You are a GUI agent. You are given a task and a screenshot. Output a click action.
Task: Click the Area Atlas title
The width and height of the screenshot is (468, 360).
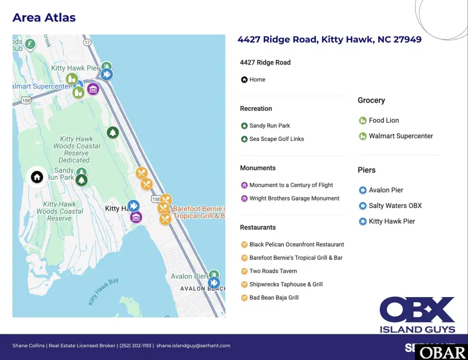pyautogui.click(x=44, y=18)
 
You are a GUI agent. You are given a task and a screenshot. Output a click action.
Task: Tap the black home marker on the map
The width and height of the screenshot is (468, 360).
pyautogui.click(x=37, y=177)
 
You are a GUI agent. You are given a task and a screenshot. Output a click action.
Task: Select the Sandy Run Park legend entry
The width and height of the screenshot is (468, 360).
pyautogui.click(x=269, y=126)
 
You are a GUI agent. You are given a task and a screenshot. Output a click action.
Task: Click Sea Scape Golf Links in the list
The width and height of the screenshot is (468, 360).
pyautogui.click(x=276, y=139)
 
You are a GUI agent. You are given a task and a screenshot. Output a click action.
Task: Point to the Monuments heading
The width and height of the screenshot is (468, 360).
pyautogui.click(x=257, y=168)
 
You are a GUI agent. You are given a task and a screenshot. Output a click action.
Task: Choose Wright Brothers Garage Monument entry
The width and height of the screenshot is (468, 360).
pyautogui.click(x=294, y=199)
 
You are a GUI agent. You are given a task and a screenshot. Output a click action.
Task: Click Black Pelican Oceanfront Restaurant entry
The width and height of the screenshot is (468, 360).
pyautogui.click(x=296, y=245)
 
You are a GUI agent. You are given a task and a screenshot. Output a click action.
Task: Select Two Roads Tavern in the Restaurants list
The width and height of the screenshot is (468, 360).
pyautogui.click(x=273, y=271)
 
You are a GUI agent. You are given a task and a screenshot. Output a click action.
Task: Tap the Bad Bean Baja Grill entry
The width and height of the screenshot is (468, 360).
pyautogui.click(x=274, y=298)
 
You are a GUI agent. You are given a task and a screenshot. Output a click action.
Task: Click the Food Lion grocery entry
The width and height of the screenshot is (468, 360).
pyautogui.click(x=384, y=121)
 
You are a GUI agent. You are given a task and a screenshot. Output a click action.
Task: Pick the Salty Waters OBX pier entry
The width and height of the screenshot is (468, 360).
pyautogui.click(x=395, y=206)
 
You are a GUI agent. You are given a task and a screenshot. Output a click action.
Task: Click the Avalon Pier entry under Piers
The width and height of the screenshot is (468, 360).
pyautogui.click(x=386, y=190)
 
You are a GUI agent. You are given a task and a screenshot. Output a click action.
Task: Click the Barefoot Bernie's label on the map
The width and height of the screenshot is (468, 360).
pyautogui.click(x=199, y=212)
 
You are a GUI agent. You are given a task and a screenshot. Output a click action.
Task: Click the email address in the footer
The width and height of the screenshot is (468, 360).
pyautogui.click(x=193, y=345)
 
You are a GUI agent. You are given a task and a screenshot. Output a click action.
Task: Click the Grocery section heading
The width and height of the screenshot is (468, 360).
pyautogui.click(x=371, y=100)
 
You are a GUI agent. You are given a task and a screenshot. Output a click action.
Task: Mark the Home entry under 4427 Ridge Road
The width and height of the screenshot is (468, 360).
pyautogui.click(x=257, y=80)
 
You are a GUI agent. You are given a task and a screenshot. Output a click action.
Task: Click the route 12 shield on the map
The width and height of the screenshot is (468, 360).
pyautogui.click(x=87, y=42)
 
